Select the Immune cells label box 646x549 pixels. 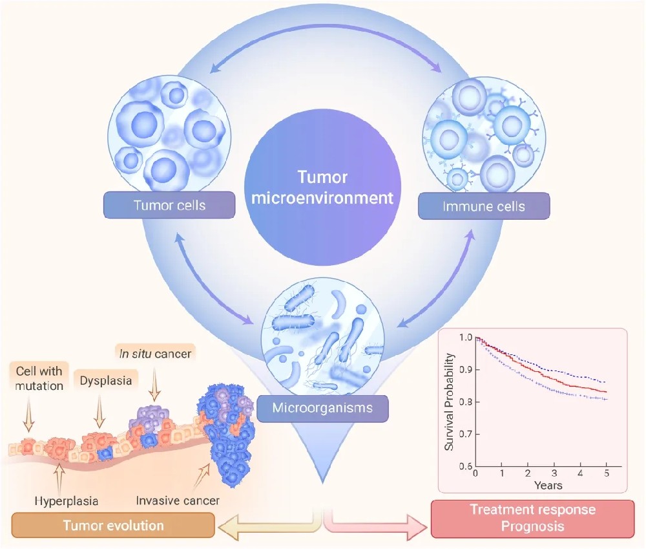(484, 207)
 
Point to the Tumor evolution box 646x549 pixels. (113, 525)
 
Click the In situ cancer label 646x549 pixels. (156, 354)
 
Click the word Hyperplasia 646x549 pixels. (63, 499)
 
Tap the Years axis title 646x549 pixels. (547, 484)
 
